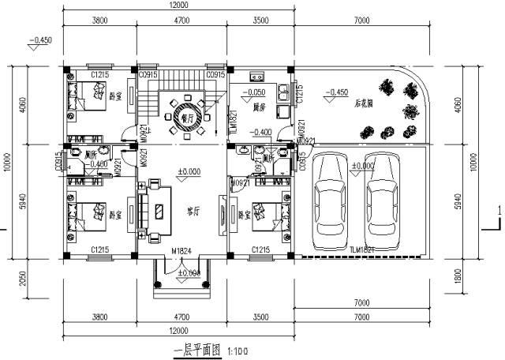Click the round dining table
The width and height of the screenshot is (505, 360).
point(187,114)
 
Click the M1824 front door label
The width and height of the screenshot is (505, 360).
point(182,252)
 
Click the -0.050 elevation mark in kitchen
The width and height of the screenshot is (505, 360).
point(254,92)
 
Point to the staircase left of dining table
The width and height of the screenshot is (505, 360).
point(148,93)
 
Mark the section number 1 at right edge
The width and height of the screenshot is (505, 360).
point(499,211)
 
